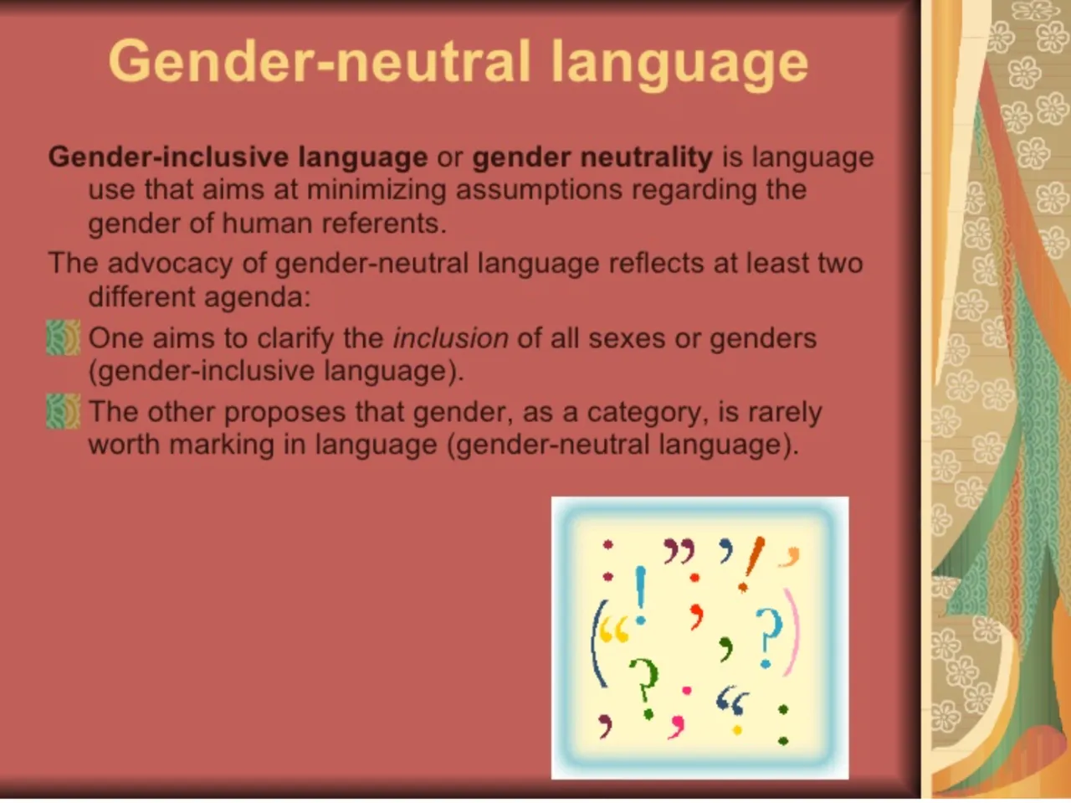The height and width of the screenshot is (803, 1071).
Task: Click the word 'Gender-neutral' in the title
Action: click(320, 62)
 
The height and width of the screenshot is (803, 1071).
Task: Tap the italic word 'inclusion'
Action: click(451, 337)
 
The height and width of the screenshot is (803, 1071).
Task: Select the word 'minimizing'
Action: click(377, 190)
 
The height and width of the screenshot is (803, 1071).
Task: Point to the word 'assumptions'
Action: click(539, 191)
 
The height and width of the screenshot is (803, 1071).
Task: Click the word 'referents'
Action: click(384, 224)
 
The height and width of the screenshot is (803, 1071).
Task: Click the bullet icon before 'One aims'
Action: click(63, 337)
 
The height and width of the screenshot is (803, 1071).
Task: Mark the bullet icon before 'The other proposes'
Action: click(63, 411)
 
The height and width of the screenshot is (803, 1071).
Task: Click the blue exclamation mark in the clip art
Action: click(641, 595)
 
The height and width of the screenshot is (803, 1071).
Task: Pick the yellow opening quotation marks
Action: click(613, 630)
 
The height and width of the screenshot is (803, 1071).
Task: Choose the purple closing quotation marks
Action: click(679, 551)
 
